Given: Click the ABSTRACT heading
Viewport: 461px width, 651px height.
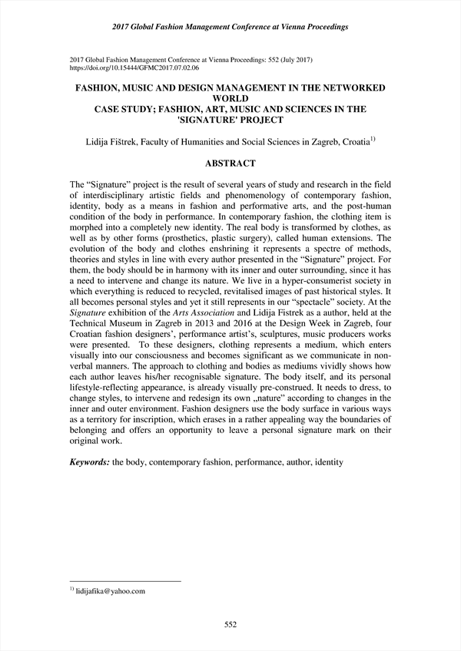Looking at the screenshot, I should point(230,164).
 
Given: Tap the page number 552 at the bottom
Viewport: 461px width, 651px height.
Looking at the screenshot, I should point(230,626).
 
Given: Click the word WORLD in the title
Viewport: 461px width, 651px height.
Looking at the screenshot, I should point(230,99).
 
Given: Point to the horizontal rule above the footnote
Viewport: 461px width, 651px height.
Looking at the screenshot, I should point(124,581).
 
